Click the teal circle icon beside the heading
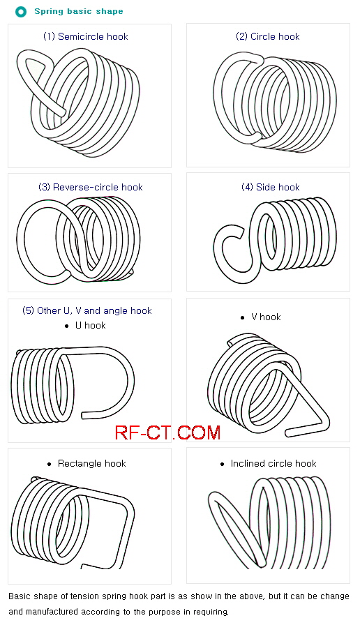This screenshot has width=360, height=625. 21,12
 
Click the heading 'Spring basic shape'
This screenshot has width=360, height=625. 79,11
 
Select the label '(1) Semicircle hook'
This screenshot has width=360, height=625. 86,37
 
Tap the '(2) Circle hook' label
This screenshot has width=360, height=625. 268,37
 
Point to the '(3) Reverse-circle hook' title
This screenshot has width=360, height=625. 91,188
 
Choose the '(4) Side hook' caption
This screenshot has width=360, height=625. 271,188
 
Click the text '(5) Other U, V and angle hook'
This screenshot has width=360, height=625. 87,311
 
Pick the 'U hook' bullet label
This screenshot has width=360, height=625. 91,326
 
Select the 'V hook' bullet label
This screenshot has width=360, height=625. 266,317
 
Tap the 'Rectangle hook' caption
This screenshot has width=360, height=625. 92,464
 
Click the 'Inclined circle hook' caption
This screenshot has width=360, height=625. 273,464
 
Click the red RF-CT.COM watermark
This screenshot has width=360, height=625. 168,433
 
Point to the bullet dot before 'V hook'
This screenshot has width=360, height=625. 242,317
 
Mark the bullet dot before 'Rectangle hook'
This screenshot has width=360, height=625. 49,464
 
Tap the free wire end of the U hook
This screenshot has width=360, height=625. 84,415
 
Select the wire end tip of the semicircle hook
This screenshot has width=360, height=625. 62,112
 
